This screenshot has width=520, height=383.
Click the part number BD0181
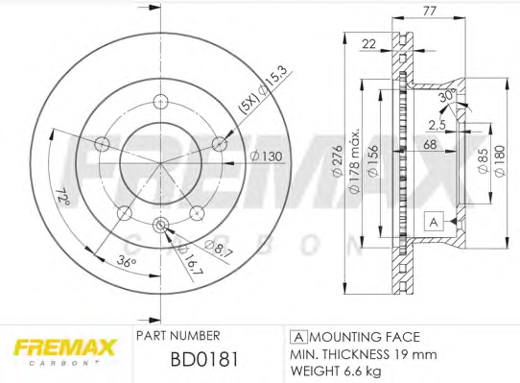[204, 359]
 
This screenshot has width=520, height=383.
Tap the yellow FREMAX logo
[64, 347]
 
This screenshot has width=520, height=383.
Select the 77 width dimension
[429, 11]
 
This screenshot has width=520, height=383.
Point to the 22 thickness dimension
[368, 43]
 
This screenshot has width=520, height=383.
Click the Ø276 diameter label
[337, 161]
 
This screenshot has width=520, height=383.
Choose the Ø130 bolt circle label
[266, 156]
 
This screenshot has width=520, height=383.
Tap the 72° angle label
[62, 197]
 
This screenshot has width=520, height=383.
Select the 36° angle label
[127, 261]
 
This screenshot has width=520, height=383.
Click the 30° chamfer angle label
[446, 96]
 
